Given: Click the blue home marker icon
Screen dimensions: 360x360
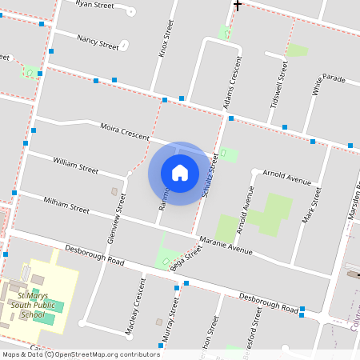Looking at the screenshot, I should (180, 173).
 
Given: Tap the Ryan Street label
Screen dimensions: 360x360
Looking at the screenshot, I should (94, 4).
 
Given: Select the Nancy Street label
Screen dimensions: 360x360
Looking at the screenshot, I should (98, 42).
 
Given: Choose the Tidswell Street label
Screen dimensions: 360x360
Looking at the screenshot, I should (278, 86).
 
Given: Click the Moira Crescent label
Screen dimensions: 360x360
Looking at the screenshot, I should (125, 131).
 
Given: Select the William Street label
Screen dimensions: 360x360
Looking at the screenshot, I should (75, 166).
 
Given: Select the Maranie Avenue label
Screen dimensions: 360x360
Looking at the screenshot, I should (226, 244).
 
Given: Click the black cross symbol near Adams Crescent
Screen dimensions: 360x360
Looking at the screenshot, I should (237, 5).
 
